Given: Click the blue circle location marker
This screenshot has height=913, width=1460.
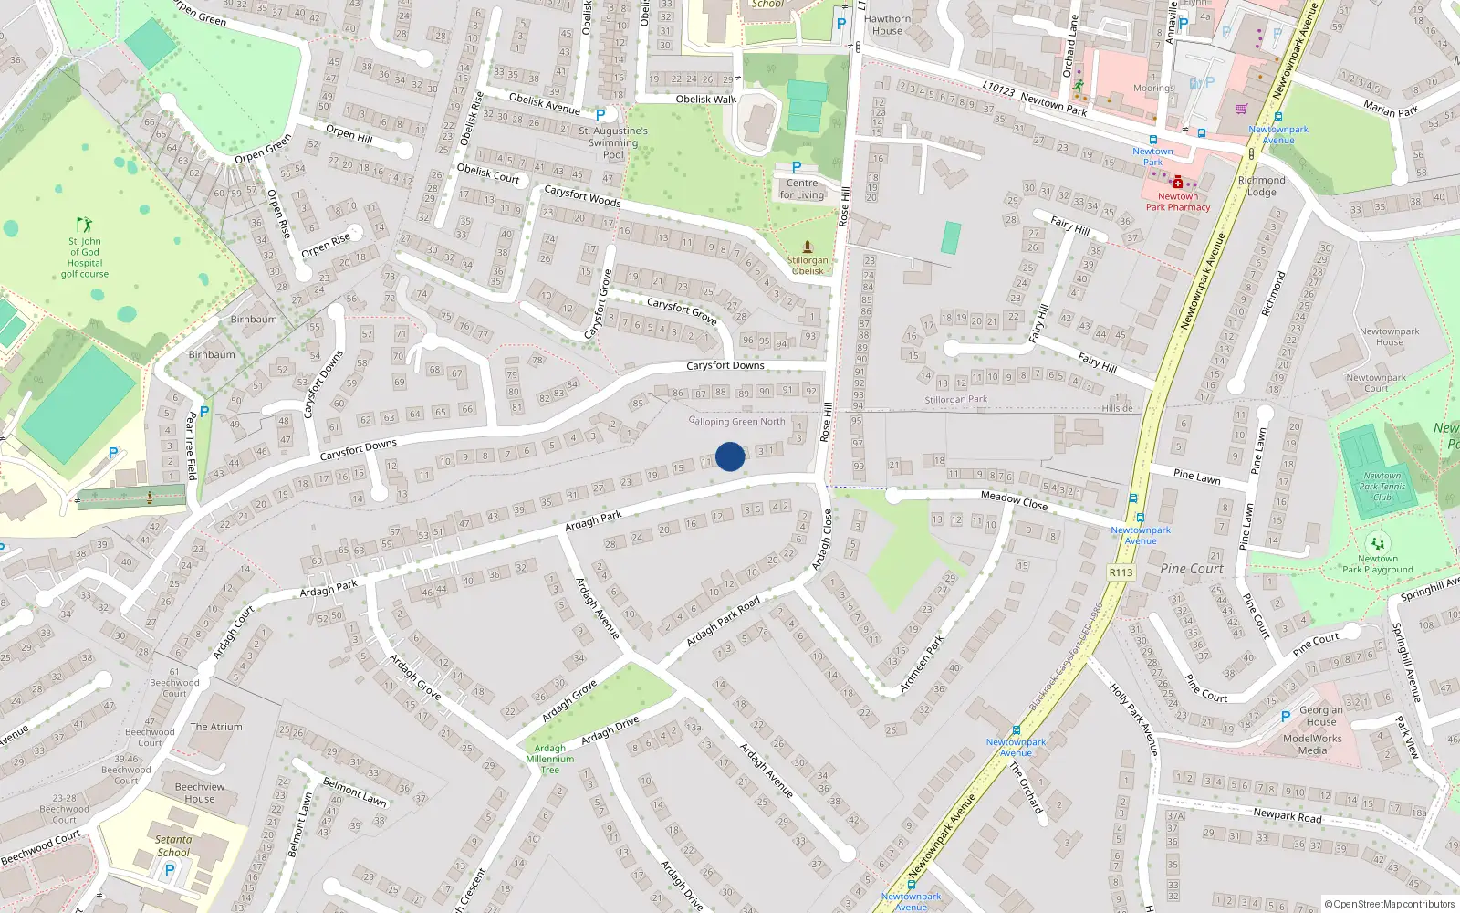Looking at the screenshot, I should point(730,456).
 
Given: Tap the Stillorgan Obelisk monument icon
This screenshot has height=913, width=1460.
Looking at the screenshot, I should point(808,247).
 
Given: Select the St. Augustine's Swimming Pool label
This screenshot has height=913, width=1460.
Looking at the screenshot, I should point(613,142).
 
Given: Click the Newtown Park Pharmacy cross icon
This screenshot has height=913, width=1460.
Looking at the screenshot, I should point(1178,182).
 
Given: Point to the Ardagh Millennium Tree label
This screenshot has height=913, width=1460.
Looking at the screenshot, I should point(550,759).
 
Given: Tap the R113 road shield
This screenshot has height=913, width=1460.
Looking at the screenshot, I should point(1121,572).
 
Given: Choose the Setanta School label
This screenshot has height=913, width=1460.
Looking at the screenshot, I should point(173,845).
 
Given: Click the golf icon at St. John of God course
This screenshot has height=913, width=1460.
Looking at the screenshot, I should point(84,225).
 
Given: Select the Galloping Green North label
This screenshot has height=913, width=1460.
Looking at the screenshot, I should point(736,421).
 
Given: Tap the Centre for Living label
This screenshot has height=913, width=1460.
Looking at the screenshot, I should point(802,189).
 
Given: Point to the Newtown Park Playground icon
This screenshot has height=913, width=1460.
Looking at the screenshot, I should point(1378,543).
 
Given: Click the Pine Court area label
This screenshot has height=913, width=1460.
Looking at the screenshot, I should point(1192,568).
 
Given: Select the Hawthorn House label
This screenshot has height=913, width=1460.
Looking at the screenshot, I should point(887,25).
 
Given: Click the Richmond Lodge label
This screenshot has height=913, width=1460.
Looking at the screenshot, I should point(1261,186).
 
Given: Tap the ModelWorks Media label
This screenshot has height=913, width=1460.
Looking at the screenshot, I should point(1312,744).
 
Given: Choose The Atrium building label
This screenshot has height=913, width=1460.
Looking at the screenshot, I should point(216,727).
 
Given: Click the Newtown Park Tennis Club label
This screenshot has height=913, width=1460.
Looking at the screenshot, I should point(1382,487).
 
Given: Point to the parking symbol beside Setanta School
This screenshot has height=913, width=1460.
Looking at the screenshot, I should point(169,870).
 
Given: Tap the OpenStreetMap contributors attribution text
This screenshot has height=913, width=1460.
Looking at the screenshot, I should point(1390,904).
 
